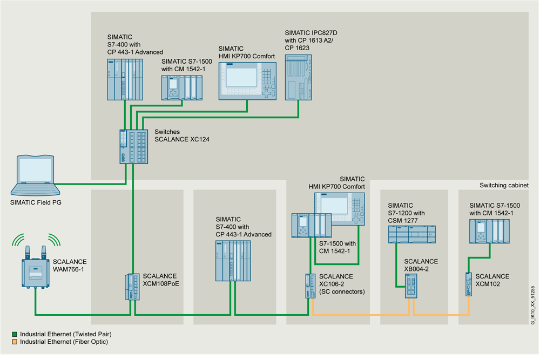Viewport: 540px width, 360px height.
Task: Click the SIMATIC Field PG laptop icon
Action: click(33, 175)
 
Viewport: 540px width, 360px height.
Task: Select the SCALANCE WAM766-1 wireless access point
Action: click(36, 272)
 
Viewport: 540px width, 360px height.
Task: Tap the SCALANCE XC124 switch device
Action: click(133, 146)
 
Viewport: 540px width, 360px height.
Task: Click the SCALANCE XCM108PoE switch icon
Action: click(132, 286)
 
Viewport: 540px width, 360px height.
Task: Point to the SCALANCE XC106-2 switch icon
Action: click(309, 286)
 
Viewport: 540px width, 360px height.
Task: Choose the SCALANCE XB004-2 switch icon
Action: click(411, 286)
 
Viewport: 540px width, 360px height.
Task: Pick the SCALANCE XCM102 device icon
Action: click(468, 284)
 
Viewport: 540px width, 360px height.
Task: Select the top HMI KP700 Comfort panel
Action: click(247, 81)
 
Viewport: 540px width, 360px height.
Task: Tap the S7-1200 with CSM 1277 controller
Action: click(411, 235)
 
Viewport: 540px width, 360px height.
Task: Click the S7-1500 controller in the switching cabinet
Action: click(489, 231)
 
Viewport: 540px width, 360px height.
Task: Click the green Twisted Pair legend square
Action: click(15, 335)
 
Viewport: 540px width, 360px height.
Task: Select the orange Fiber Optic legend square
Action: click(15, 342)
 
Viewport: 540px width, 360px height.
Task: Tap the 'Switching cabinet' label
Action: click(504, 185)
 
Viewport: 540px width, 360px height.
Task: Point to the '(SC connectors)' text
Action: click(342, 292)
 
